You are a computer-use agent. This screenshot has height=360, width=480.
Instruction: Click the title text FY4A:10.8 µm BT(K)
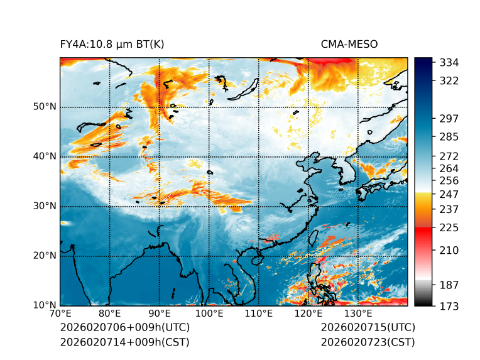point(112,44)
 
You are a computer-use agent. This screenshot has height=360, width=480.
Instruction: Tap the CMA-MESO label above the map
point(349,44)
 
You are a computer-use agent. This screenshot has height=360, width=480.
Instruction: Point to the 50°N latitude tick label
point(45,107)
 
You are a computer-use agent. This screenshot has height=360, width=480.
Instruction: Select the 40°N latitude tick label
point(45,156)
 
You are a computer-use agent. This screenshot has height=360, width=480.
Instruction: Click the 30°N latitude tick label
point(45,206)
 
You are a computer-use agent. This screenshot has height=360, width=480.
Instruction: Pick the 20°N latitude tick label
point(45,256)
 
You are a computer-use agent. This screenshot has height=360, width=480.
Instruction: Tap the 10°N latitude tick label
point(45,305)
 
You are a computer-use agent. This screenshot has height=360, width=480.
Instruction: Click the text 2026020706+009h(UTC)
point(124,328)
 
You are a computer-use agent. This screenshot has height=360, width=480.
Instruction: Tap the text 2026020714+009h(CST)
point(124,342)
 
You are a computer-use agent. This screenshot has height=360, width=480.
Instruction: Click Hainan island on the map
point(257,259)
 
